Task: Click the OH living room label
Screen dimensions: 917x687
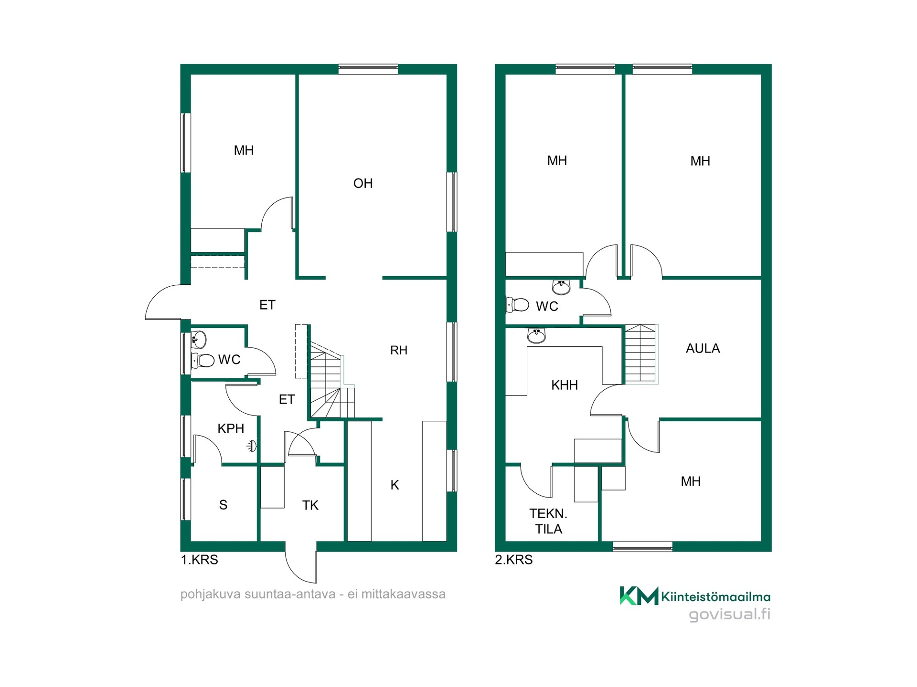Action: click(363, 183)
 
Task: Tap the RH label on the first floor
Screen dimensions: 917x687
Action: click(399, 350)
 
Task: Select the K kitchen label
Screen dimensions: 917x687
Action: click(395, 485)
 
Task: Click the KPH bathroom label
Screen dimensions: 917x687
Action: click(231, 428)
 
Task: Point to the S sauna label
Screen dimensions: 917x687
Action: click(223, 505)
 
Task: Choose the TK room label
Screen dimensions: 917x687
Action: click(310, 505)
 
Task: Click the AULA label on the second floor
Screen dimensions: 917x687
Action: click(703, 348)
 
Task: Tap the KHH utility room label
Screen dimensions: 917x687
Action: click(565, 385)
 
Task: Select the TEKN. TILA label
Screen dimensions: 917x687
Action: click(548, 521)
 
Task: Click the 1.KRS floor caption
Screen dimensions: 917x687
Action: click(199, 560)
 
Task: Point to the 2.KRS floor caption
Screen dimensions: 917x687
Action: click(514, 560)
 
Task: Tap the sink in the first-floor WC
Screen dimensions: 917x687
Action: click(199, 340)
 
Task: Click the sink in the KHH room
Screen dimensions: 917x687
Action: click(536, 336)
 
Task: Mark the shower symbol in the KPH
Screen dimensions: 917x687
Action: click(252, 447)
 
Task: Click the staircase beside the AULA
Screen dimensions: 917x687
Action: click(641, 354)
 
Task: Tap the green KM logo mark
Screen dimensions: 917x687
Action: click(639, 596)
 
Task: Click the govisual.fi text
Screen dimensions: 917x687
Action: click(729, 614)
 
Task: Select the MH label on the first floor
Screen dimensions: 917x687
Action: click(244, 151)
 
